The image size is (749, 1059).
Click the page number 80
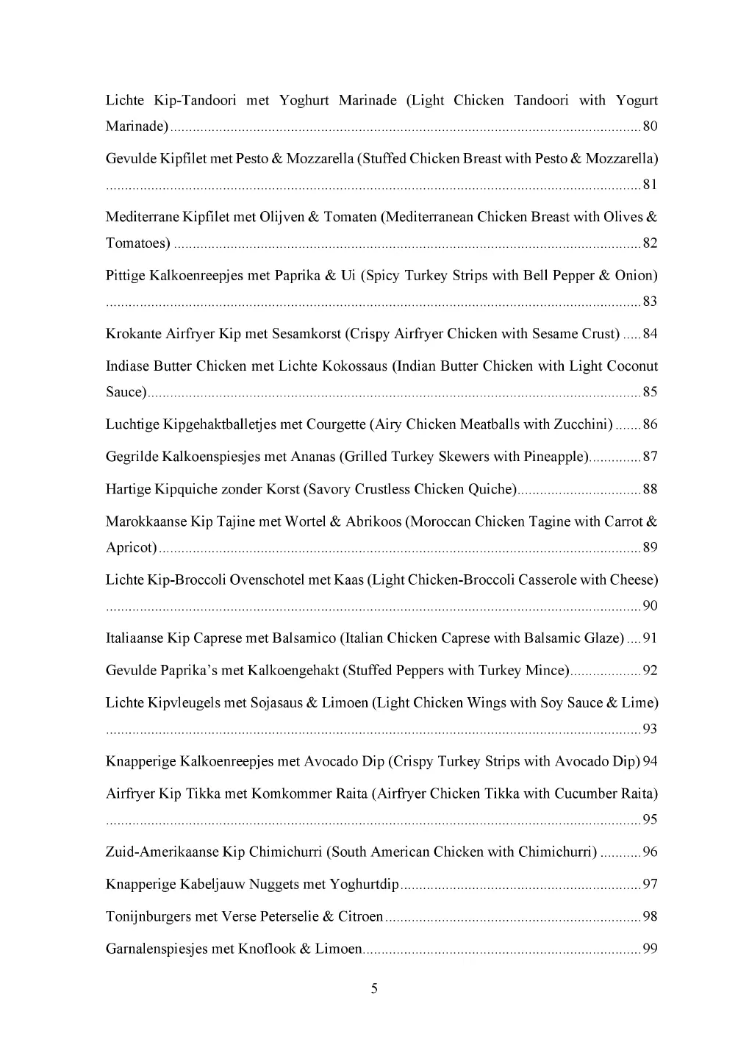(x=650, y=126)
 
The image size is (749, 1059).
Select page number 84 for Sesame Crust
(x=650, y=335)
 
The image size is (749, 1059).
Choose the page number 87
(x=650, y=457)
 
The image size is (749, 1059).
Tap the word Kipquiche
(x=191, y=490)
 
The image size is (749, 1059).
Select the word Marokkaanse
(x=146, y=522)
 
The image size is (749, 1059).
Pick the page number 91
(x=650, y=638)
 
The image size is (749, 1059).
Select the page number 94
(x=650, y=761)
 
